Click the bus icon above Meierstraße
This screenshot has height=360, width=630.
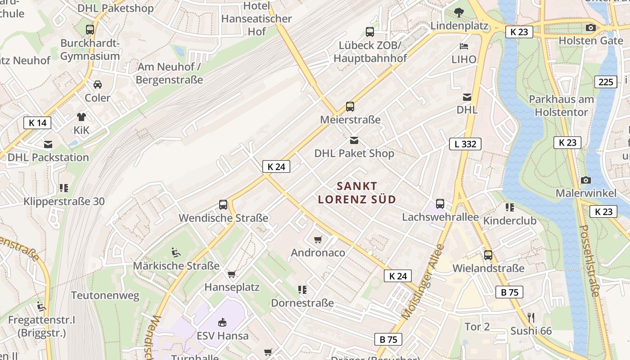[350, 107]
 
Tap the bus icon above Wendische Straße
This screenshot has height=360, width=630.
[223, 205]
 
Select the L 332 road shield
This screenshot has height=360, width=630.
[465, 144]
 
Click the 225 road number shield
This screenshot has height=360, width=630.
[606, 82]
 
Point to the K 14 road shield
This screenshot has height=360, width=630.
[37, 123]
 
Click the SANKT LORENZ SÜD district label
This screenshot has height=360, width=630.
[357, 193]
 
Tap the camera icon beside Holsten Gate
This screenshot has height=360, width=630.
[591, 28]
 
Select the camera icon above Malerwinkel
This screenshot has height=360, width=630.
[585, 180]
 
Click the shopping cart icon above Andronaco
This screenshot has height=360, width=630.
[318, 239]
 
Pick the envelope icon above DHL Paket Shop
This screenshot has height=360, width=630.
[355, 140]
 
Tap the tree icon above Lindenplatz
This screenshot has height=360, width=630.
[459, 13]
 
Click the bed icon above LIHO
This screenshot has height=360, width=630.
[464, 46]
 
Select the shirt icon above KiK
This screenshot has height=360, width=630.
[81, 117]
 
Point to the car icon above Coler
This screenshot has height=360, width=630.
[98, 85]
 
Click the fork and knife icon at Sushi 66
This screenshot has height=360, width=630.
[531, 318]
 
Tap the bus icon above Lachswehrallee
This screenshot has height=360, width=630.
[440, 204]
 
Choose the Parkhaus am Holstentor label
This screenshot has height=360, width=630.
[561, 106]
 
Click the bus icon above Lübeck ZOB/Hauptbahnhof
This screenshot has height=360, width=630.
[370, 32]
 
